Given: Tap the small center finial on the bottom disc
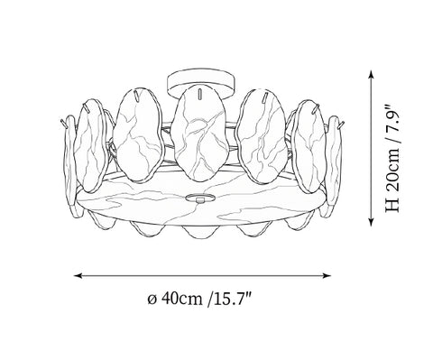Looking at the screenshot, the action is click(200, 198).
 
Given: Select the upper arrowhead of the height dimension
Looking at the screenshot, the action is click(372, 74).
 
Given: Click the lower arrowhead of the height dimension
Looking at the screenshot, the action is click(372, 222).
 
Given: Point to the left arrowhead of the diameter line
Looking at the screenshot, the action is click(78, 275).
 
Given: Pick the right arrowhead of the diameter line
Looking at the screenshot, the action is click(327, 275).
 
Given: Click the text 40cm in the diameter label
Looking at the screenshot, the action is click(182, 299).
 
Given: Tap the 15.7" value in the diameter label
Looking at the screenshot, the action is click(233, 299).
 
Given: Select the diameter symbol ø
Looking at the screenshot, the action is click(152, 300).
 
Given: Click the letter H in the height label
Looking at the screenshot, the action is click(393, 206).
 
